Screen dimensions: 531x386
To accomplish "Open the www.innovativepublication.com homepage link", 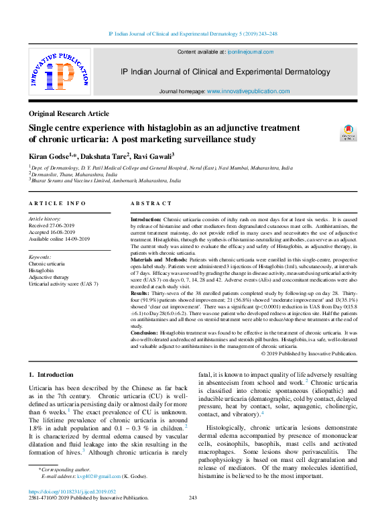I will coord(248,91).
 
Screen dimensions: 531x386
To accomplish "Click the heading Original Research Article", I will coord(68,114).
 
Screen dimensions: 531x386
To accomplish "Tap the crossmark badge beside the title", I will coord(348,131).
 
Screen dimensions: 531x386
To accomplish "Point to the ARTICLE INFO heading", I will coord(57,203).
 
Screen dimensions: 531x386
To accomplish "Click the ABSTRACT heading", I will coord(151,203).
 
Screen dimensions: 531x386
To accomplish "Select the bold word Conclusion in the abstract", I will coord(144,333).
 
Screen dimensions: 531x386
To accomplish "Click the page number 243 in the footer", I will coord(193,498).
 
